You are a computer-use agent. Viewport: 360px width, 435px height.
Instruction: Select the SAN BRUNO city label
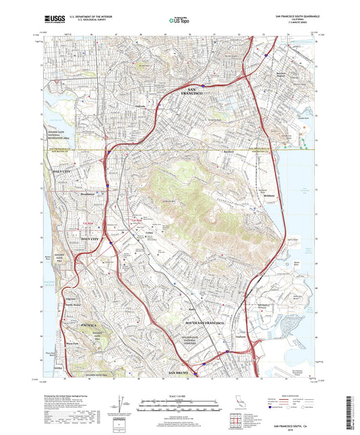tap(180, 374)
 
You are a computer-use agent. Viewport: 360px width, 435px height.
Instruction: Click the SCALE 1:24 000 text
tap(180, 395)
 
